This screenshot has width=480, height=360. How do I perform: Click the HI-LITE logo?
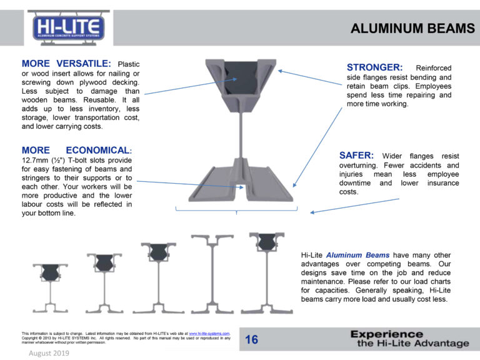click(x=69, y=28)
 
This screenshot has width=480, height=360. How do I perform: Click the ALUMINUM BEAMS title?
click(x=412, y=29)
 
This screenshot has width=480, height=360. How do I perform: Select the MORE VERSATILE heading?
click(x=66, y=63)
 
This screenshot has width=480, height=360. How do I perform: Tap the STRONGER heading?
click(x=375, y=67)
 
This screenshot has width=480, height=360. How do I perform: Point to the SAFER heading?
click(x=356, y=155)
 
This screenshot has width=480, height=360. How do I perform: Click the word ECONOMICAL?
click(x=99, y=150)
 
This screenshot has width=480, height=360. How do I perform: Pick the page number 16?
click(x=251, y=339)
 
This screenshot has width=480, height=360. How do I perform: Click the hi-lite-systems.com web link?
click(x=209, y=333)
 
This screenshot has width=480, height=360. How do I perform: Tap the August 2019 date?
click(x=49, y=353)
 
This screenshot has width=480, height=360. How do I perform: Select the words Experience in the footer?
click(x=387, y=334)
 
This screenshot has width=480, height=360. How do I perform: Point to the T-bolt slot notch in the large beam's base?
click(x=240, y=187)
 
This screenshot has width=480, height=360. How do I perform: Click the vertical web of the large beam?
click(x=241, y=135)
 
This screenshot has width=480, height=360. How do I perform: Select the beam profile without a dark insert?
click(x=212, y=274)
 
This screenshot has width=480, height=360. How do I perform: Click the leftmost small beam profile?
click(x=51, y=288)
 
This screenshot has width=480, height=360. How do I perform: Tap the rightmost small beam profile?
click(x=267, y=273)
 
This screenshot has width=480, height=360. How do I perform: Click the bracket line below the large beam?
click(x=236, y=210)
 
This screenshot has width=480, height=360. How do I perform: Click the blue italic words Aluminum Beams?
click(x=357, y=255)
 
